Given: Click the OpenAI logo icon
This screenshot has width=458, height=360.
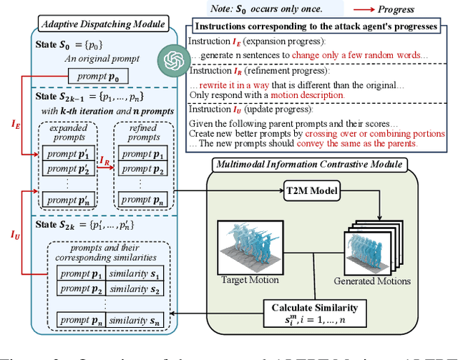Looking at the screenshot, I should pyautogui.click(x=172, y=57).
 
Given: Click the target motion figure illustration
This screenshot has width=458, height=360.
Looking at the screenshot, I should pyautogui.click(x=247, y=240).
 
